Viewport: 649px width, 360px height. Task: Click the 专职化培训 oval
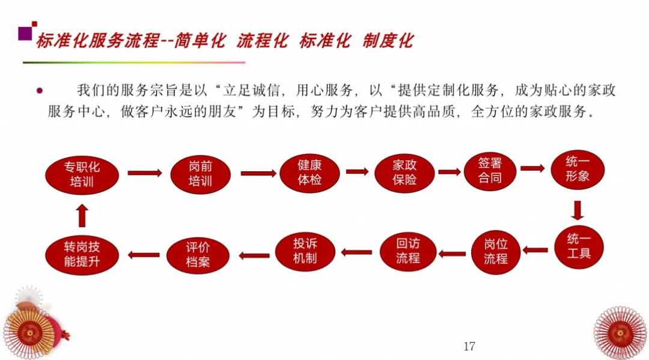tap(81, 174)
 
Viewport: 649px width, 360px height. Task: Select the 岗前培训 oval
tap(201, 174)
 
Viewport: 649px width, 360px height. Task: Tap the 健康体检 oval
tap(309, 172)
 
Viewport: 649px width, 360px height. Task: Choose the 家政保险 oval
tap(404, 172)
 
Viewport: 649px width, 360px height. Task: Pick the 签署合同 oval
tap(490, 171)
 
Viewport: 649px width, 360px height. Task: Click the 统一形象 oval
tap(577, 169)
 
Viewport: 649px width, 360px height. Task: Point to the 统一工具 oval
tap(579, 246)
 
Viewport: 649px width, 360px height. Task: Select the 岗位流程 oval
tap(495, 252)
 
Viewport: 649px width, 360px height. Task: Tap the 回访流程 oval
tap(408, 251)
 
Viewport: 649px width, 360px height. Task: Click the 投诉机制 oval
tap(305, 251)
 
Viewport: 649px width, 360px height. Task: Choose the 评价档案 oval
tap(198, 255)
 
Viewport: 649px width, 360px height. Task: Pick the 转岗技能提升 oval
tap(82, 255)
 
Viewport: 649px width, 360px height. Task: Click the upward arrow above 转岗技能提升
tap(82, 215)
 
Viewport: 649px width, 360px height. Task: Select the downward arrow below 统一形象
tap(577, 210)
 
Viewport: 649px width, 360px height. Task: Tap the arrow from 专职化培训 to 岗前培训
tap(145, 173)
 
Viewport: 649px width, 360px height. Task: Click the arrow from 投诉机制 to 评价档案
tap(254, 255)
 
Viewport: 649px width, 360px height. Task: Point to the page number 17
tap(470, 346)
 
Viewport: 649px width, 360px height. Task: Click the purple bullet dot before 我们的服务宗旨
tap(40, 91)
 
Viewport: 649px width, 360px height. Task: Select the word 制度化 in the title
tap(388, 41)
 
